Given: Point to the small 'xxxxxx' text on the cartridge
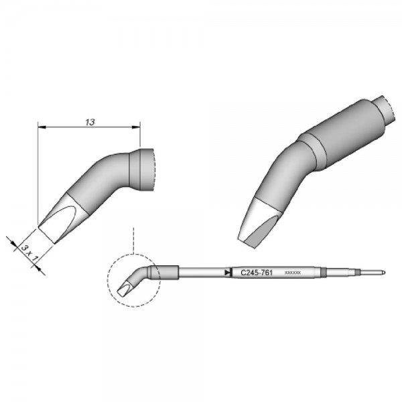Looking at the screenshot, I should coord(293,273).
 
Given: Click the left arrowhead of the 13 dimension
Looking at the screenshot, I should coord(41,128).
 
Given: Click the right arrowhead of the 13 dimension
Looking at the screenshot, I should coord(137,128).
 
